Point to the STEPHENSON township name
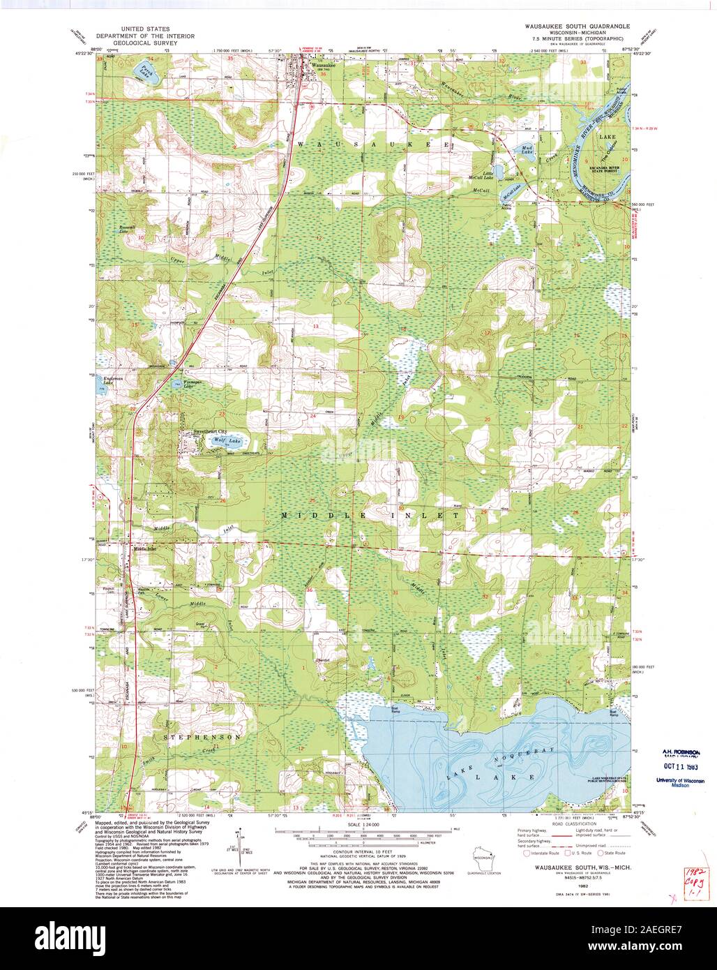[x=203, y=736]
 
